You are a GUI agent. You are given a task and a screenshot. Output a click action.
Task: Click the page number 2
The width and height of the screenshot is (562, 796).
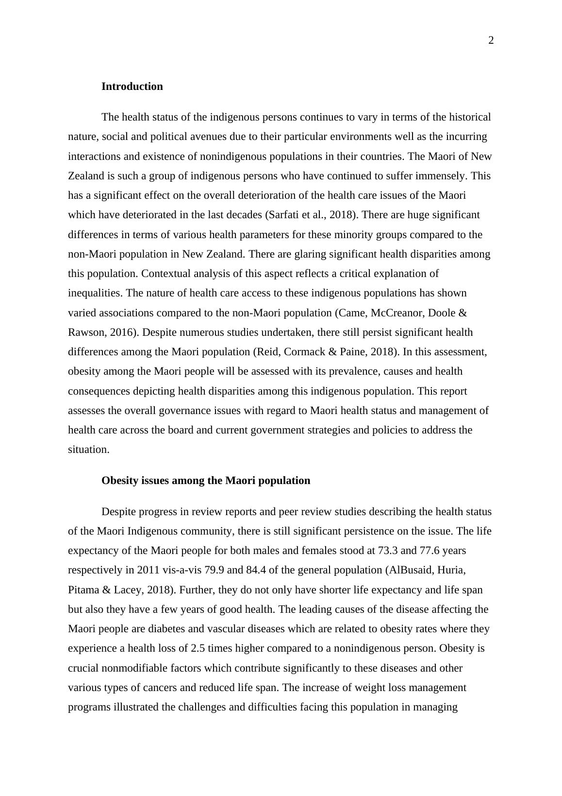491,41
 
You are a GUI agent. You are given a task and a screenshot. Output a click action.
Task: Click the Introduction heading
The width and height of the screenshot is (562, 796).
132,87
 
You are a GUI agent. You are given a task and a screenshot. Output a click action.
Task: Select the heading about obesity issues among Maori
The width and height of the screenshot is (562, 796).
206,481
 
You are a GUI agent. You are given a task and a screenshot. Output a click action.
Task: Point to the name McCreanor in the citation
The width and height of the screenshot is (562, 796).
396,313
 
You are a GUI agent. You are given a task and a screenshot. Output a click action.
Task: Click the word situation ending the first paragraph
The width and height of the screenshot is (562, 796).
88,450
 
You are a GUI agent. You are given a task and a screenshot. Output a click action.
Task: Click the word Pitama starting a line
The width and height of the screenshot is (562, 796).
83,590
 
